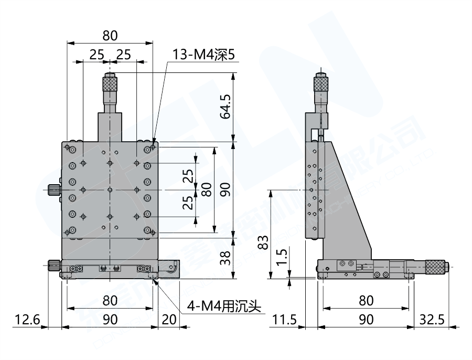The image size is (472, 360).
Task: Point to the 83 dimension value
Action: [x=264, y=242]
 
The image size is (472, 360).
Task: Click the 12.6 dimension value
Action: [x=27, y=319]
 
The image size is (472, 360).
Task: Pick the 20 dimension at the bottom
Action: [x=169, y=319]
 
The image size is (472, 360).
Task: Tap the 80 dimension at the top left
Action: [x=110, y=36]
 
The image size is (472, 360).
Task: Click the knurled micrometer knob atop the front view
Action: [x=110, y=82]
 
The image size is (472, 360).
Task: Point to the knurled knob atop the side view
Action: [x=320, y=83]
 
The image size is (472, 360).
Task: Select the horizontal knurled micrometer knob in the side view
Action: [x=435, y=267]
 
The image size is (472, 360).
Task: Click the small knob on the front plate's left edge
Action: [x=52, y=189]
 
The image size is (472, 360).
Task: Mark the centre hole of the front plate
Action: [x=110, y=189]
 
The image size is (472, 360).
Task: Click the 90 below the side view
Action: [x=366, y=319]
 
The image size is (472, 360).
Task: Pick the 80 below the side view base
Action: [x=366, y=300]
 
